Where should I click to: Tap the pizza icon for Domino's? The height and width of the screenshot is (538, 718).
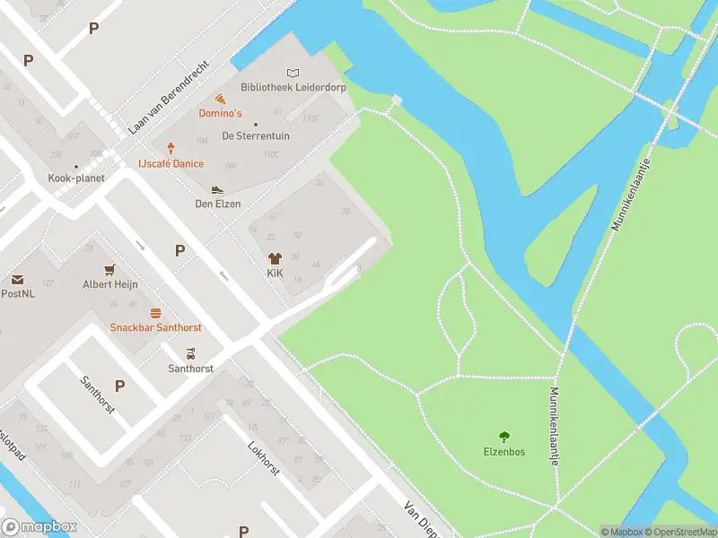pos(220,100)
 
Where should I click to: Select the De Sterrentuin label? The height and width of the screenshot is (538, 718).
pos(256,136)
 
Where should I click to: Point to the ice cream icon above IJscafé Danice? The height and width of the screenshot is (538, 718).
pos(171,148)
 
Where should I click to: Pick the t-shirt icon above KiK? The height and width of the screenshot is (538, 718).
pos(275,257)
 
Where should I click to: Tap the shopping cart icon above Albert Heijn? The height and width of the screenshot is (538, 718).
pos(110,269)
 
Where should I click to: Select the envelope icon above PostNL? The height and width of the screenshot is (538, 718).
pos(17,280)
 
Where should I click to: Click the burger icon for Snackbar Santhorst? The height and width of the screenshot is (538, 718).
pos(155,313)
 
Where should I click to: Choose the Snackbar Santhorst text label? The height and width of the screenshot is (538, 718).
pos(155,327)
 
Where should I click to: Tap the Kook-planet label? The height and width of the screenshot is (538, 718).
pos(76,178)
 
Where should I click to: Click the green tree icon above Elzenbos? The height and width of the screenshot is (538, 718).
pos(503,437)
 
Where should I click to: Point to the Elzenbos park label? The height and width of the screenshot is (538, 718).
pos(503,452)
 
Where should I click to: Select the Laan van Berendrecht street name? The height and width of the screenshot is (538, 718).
pos(169,98)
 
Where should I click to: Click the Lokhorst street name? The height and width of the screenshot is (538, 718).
pos(264,457)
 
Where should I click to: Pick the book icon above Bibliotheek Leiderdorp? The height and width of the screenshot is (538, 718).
pos(293,73)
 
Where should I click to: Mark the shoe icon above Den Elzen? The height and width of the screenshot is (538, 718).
pos(216,189)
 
